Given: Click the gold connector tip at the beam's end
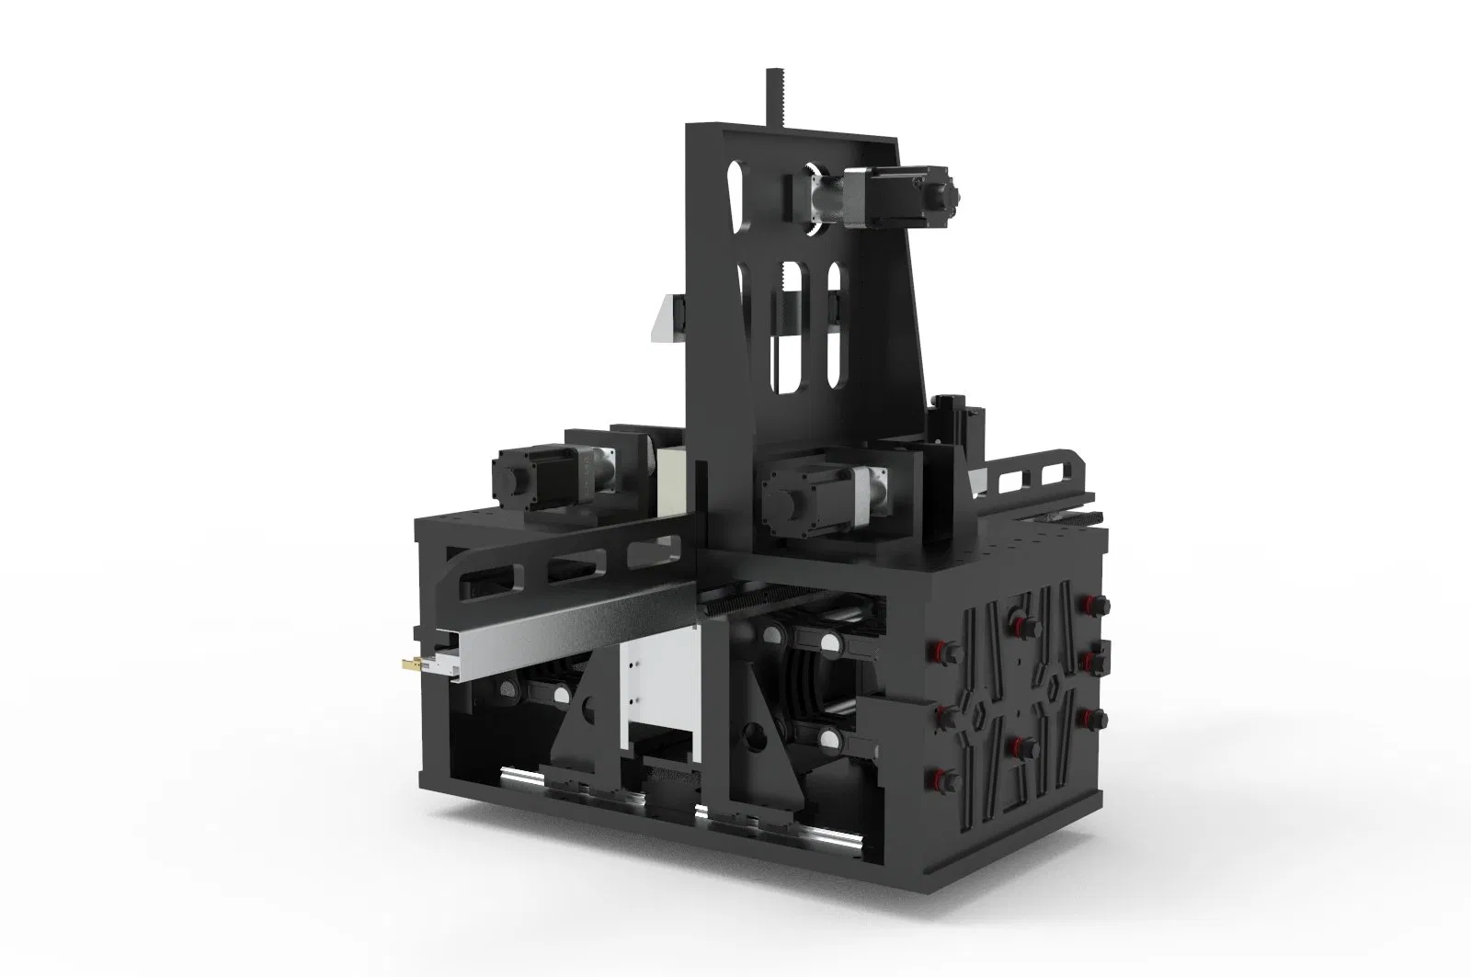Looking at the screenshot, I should click(408, 661).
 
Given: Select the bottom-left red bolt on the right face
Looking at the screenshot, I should click(946, 779).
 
